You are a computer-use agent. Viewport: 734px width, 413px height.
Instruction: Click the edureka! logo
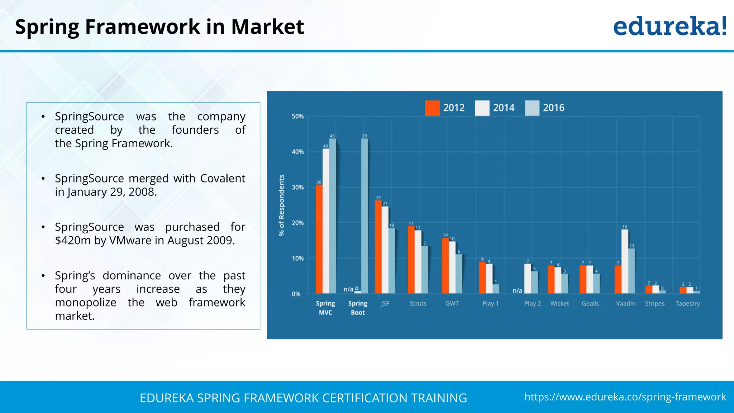(x=669, y=27)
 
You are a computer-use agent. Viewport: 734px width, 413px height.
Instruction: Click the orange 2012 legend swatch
(x=432, y=108)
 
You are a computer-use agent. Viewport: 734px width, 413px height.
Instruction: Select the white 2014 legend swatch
(x=482, y=108)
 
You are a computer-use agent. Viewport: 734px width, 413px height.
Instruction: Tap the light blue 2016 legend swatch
(x=532, y=108)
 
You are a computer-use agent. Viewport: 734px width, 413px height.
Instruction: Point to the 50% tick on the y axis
(x=297, y=117)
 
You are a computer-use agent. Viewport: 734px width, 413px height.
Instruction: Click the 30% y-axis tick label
(x=297, y=187)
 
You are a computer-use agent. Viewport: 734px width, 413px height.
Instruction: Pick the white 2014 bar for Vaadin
(x=625, y=261)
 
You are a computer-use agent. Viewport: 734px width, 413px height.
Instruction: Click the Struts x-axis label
(x=418, y=304)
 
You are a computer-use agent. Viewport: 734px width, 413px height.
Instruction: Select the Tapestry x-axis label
(x=687, y=304)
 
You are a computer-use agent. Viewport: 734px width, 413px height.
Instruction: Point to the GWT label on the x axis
(x=452, y=304)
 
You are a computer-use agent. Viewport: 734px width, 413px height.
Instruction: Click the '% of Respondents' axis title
(x=282, y=205)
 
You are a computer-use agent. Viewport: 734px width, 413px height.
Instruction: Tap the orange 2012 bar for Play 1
(x=482, y=277)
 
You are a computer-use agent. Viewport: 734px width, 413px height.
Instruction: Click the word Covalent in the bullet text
(x=223, y=179)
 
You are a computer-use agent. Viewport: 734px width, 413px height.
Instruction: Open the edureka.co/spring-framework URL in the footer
(x=625, y=397)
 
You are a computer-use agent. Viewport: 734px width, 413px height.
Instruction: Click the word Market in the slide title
(x=267, y=27)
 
